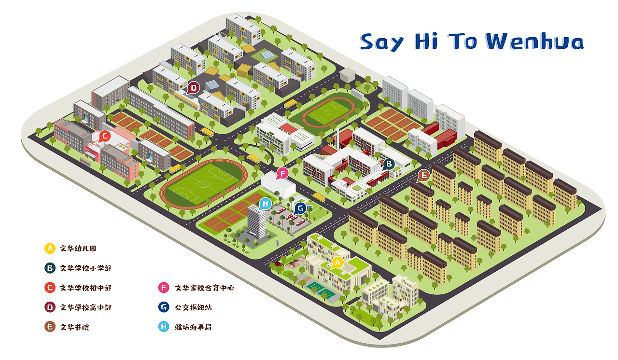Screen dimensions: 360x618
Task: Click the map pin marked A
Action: (337, 262)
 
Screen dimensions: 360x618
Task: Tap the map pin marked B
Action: (388, 164)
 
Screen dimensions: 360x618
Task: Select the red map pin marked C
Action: (104, 136)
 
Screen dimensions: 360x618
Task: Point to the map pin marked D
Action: (194, 88)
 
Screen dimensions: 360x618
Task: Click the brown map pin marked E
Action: (423, 176)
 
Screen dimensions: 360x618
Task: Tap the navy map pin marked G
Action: (300, 208)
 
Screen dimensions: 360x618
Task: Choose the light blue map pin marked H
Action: (265, 204)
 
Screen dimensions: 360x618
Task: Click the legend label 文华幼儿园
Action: (78, 249)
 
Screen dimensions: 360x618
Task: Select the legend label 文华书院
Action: (74, 327)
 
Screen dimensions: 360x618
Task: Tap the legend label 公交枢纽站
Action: (193, 307)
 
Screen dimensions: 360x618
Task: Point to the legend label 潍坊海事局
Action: (193, 327)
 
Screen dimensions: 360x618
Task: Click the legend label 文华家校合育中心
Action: (205, 288)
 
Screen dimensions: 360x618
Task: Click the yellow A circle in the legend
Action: (49, 249)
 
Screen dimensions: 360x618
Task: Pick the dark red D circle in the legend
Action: (49, 307)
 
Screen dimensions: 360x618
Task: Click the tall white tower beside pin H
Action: (257, 222)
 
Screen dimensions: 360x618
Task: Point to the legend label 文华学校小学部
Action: (85, 268)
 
